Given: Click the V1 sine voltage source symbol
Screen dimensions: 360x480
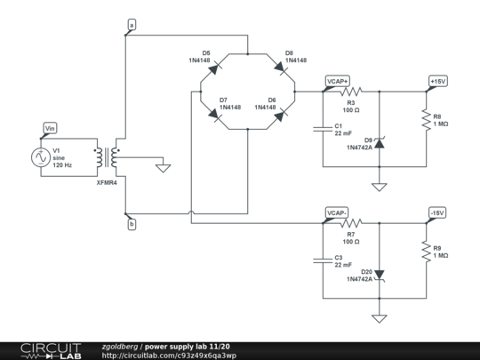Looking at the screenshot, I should point(41,157).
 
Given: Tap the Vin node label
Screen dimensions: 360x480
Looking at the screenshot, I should point(50,128).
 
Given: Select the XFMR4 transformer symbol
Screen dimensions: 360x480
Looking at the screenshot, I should point(112,157).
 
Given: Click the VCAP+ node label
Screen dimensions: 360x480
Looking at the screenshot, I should point(337,81).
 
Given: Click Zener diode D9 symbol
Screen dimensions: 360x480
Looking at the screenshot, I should point(380,140).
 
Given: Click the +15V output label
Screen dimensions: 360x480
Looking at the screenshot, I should point(437,81).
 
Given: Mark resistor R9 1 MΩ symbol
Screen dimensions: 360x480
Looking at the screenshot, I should point(427,253).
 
